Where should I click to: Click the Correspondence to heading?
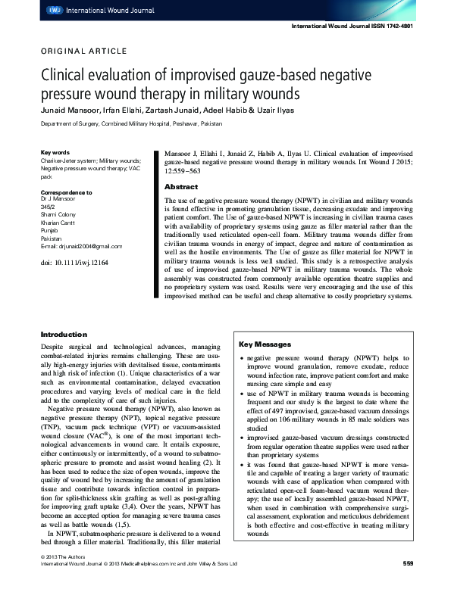(66, 193)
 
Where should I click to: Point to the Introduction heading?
(64, 335)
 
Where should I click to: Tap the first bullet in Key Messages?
(241, 357)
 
